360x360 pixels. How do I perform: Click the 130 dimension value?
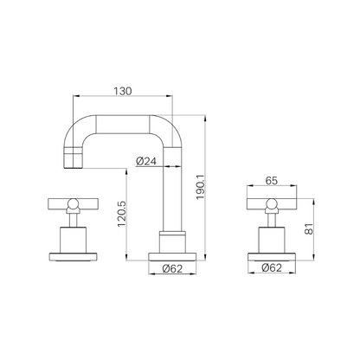[x=123, y=91]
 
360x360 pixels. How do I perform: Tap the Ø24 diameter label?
[x=146, y=161]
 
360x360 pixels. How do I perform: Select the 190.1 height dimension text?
[x=200, y=187]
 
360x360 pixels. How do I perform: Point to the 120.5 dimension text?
[x=122, y=214]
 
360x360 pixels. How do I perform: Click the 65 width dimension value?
[x=272, y=181]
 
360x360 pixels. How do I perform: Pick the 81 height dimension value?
[x=309, y=229]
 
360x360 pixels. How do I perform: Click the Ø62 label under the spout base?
[x=172, y=268]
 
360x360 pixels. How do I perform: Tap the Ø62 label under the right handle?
[x=272, y=267]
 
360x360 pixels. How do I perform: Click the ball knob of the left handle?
[x=73, y=203]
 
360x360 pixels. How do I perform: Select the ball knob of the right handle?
[x=272, y=203]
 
